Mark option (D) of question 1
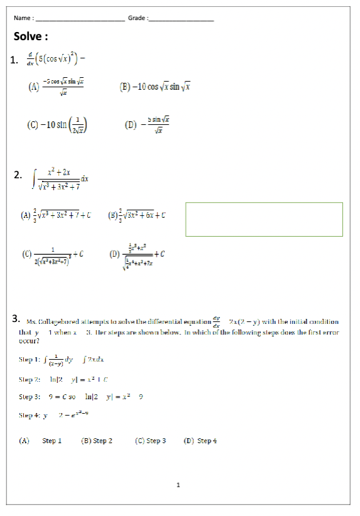[148, 124]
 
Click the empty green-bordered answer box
[264, 219]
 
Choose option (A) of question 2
[56, 215]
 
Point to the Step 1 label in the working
[29, 360]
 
